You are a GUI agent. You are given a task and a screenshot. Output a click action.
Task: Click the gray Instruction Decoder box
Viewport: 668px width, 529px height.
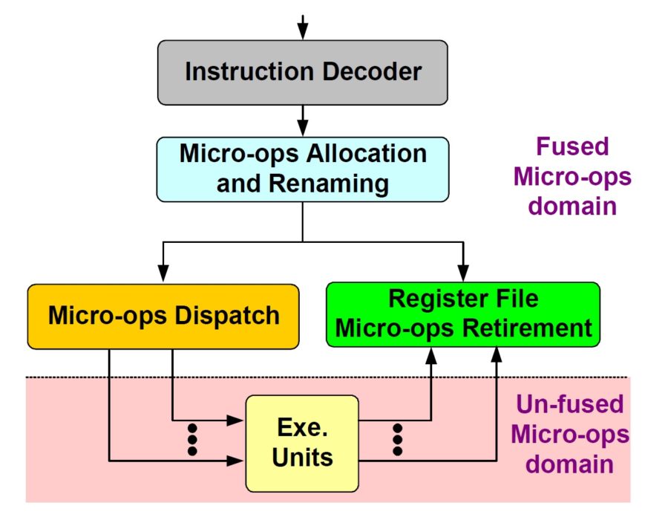(x=303, y=72)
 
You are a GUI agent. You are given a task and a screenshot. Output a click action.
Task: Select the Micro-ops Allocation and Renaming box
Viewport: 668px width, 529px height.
(x=303, y=169)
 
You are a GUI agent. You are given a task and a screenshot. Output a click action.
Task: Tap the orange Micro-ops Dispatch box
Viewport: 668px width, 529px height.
(x=163, y=315)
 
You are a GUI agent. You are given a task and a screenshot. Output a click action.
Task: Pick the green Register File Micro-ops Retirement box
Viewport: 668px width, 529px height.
(x=463, y=314)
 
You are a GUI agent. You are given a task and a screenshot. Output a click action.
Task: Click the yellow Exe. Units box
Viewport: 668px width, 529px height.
(x=302, y=443)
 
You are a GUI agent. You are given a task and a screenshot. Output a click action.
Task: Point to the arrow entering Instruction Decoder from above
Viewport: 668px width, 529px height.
(x=302, y=28)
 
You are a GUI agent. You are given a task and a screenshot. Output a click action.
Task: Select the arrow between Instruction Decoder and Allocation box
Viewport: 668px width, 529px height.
(x=302, y=120)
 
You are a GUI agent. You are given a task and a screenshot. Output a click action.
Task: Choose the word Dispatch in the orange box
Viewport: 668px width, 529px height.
(x=227, y=315)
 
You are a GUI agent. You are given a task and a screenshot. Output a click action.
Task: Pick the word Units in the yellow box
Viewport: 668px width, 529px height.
(x=302, y=456)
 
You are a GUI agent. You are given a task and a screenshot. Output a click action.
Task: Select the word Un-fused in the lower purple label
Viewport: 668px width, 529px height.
(x=569, y=405)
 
